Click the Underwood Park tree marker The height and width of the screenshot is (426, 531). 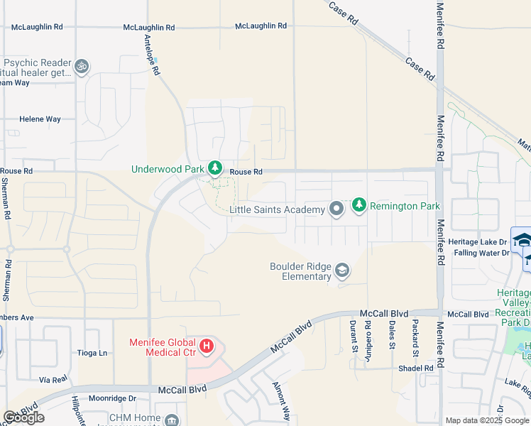click(215, 169)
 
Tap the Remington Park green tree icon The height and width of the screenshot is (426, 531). click(359, 206)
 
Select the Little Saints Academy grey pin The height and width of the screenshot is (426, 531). click(336, 209)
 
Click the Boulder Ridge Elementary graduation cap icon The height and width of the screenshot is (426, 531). click(342, 270)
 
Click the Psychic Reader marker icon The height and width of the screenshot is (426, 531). click(82, 67)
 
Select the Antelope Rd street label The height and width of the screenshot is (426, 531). click(152, 54)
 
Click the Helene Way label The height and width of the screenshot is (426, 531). click(40, 119)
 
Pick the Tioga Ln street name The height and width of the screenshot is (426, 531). click(93, 353)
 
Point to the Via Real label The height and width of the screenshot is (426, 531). click(53, 380)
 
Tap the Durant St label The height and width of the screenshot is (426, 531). click(353, 336)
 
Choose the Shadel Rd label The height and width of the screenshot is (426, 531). click(415, 368)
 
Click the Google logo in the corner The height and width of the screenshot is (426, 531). click(23, 417)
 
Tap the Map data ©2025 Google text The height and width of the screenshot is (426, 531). click(487, 420)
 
